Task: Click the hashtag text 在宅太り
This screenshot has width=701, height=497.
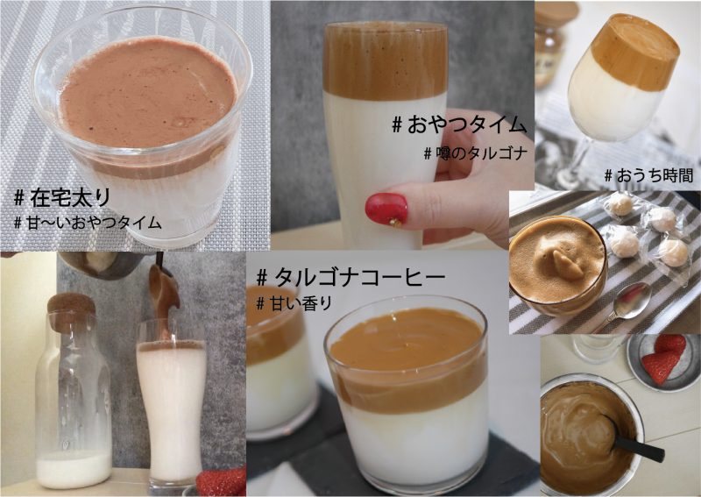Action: [61, 198]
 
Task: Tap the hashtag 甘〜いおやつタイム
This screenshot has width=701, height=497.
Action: [87, 222]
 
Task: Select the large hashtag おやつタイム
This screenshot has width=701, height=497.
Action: [459, 124]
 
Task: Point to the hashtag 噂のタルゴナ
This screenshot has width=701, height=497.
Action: [476, 154]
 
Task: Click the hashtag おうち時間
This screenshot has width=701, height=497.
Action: [648, 175]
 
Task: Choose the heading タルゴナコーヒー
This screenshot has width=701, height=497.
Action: [351, 278]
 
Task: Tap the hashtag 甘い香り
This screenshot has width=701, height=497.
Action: [294, 304]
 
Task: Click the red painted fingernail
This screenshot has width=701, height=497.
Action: [386, 209]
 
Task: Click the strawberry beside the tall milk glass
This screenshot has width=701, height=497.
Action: [221, 482]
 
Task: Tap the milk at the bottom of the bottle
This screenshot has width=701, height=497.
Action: [74, 469]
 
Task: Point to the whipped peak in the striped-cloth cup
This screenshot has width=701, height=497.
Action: [567, 264]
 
